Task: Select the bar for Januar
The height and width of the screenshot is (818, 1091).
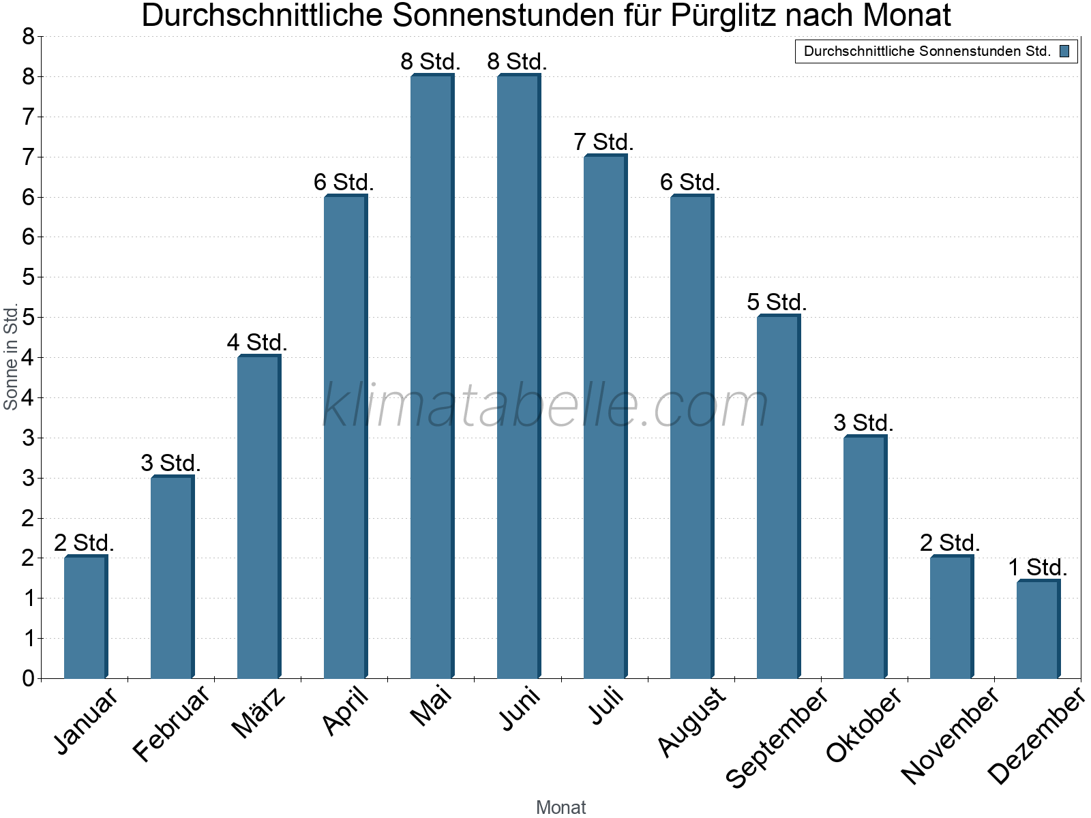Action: (x=85, y=617)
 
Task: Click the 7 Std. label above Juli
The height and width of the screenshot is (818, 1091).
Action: (x=603, y=142)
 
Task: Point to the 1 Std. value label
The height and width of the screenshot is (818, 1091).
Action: (x=1037, y=567)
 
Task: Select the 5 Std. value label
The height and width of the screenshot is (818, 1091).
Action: (x=777, y=302)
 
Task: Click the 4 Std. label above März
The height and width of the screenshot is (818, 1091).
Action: (x=257, y=342)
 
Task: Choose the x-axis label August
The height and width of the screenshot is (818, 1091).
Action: (x=692, y=721)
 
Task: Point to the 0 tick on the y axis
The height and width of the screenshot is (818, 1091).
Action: (x=28, y=678)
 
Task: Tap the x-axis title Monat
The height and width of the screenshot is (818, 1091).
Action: (x=561, y=807)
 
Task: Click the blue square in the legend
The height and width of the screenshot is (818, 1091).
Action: (x=1064, y=51)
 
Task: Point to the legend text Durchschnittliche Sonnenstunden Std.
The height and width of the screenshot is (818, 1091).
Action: (x=927, y=51)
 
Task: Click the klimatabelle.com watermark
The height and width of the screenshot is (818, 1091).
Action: (x=545, y=406)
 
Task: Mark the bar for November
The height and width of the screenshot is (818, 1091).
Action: (x=951, y=617)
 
